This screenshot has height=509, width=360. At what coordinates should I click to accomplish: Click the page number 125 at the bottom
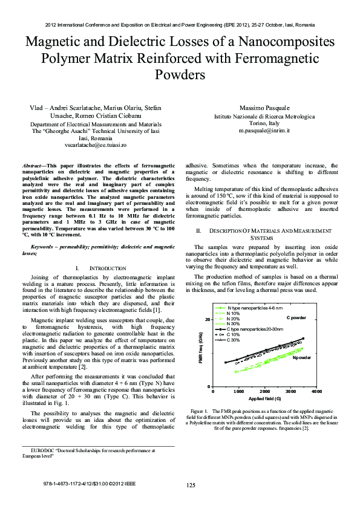click(x=191, y=485)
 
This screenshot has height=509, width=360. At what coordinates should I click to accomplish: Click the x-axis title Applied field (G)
click(x=264, y=399)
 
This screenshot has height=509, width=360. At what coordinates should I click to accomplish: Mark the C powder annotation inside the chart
click(x=296, y=317)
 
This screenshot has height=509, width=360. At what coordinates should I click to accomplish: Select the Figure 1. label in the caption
click(x=200, y=410)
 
